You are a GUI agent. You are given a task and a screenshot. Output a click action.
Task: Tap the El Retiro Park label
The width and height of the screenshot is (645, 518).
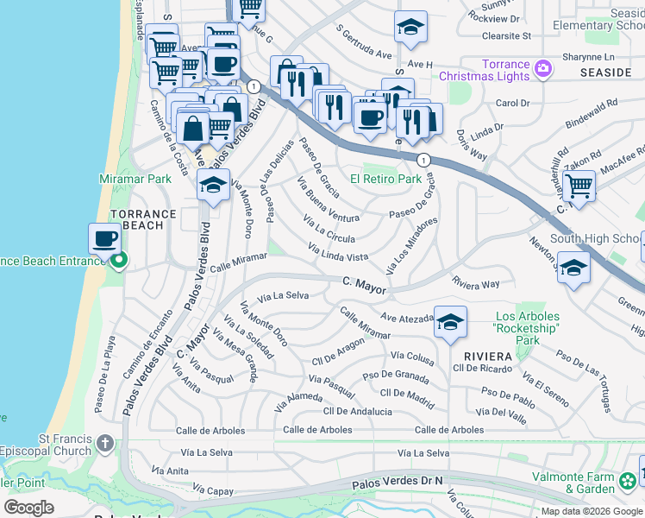385,180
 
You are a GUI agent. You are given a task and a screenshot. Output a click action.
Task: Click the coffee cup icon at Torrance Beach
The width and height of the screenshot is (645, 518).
105,239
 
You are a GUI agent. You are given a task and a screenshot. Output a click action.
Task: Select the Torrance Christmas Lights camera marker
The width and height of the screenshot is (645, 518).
543,68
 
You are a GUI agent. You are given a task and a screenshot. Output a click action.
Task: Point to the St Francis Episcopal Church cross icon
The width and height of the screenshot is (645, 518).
105,443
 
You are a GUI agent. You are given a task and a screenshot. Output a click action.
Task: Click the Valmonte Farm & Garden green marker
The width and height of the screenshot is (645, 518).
629,479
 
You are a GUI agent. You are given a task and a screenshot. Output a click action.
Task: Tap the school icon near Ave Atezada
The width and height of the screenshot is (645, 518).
450,322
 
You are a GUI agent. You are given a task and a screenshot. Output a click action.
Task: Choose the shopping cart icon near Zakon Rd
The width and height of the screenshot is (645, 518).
579,185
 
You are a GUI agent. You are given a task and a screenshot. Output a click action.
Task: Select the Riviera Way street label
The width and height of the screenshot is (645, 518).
476,283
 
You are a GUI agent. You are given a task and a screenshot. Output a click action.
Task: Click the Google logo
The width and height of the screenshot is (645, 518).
28,508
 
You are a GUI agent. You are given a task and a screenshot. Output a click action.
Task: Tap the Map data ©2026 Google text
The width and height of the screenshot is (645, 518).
591,511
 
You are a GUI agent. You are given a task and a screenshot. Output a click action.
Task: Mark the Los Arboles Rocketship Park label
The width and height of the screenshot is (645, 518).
527,328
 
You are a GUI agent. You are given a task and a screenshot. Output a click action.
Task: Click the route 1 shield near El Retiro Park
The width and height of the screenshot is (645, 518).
423,161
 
